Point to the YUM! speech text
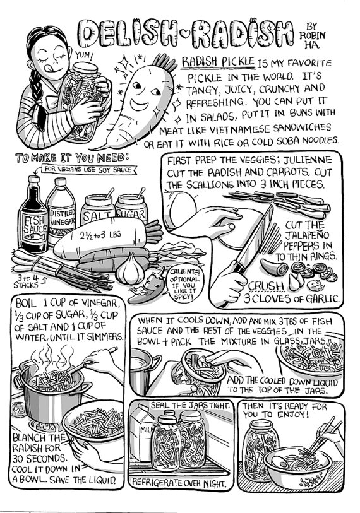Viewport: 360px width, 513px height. click(x=83, y=56)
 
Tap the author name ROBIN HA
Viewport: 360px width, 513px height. click(x=311, y=35)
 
